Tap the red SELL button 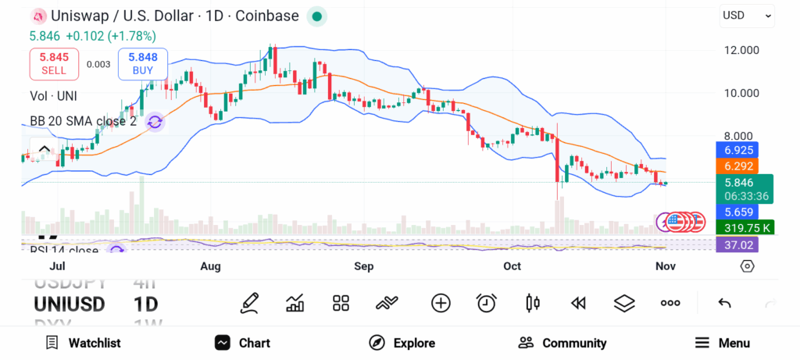tap(54, 64)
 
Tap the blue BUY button tap(143, 64)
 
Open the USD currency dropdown tap(747, 15)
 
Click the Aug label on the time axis tap(210, 266)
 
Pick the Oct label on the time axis tap(512, 266)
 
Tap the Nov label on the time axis tap(665, 266)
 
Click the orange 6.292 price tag tap(737, 166)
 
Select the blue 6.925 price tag tap(737, 148)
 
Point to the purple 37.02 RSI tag tap(737, 244)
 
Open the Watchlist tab tap(83, 343)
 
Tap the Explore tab tap(402, 343)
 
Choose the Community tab tap(562, 343)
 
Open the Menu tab tap(723, 343)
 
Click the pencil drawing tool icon tap(249, 303)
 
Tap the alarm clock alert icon tap(487, 303)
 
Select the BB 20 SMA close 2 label tap(84, 121)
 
